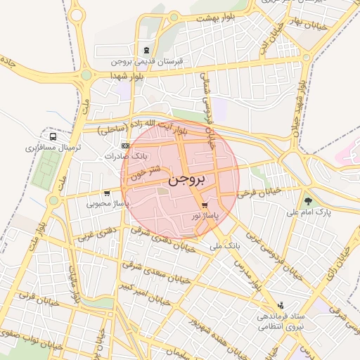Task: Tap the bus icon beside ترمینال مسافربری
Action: [53, 136]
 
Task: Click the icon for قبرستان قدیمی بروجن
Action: [146, 50]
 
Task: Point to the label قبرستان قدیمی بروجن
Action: [147, 61]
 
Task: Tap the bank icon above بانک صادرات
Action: [126, 145]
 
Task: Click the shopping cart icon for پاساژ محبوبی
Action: [106, 193]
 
